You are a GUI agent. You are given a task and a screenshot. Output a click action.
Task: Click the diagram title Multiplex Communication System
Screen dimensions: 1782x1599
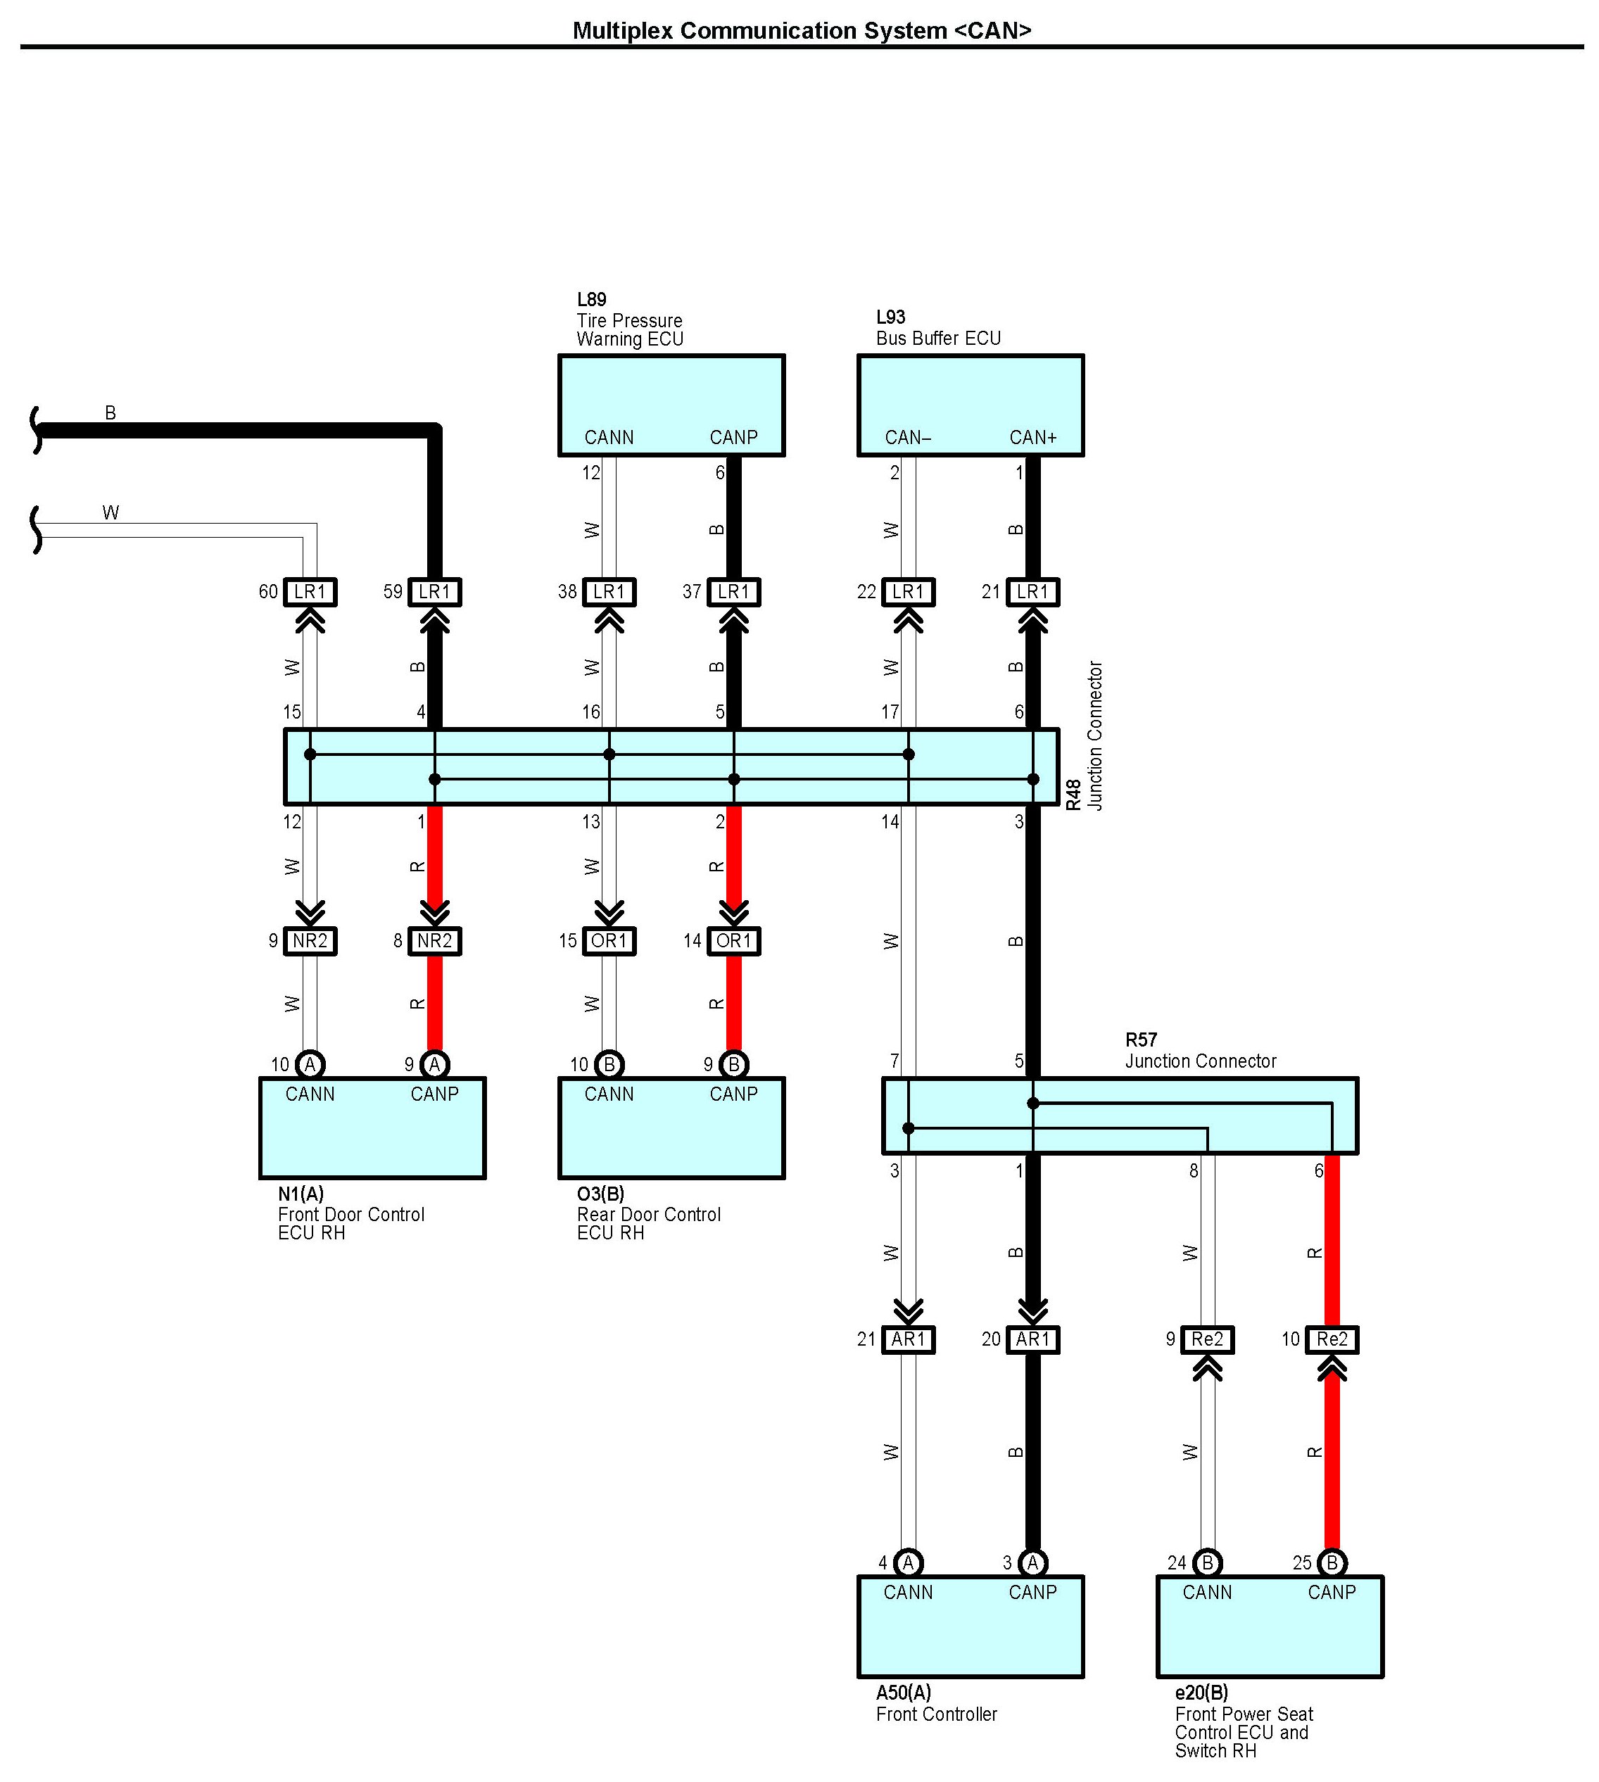coord(801,31)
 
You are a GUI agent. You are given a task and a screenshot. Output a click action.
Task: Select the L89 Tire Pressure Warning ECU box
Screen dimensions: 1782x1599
coord(671,405)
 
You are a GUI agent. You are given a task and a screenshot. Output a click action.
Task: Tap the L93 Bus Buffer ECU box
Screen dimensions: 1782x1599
coord(970,405)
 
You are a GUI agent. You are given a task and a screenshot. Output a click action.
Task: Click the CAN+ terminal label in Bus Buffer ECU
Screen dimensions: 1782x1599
coord(1032,438)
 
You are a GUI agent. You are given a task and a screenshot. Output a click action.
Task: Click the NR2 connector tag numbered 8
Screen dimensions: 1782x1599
coord(434,941)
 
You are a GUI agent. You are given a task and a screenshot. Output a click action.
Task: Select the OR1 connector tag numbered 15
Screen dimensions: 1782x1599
coord(609,941)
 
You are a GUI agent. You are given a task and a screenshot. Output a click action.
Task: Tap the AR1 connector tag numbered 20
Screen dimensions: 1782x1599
coord(1032,1339)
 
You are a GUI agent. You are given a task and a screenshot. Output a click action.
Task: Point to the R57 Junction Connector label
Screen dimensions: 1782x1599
coord(1200,1050)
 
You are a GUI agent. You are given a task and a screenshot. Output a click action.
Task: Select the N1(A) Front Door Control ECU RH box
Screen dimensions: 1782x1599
coord(372,1127)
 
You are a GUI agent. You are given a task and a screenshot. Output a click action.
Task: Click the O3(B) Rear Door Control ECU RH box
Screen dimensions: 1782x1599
coord(671,1127)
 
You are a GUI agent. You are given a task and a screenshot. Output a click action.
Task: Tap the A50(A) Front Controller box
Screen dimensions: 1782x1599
coord(970,1626)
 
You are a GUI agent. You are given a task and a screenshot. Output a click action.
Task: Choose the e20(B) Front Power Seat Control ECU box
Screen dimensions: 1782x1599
coord(1270,1626)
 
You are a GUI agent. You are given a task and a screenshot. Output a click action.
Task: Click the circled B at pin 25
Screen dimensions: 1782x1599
coord(1332,1562)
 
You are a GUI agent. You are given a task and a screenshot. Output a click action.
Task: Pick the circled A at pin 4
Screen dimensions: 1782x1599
coord(909,1562)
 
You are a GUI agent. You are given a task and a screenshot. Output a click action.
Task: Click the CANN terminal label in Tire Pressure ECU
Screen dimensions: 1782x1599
coord(609,438)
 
